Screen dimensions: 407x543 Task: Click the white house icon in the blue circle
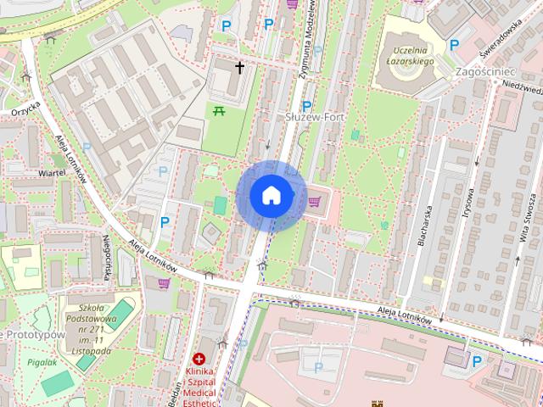[x=271, y=195]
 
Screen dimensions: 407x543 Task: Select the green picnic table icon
[x=219, y=110]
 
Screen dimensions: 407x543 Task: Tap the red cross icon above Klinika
[x=199, y=360]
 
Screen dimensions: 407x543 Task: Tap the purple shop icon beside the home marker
[x=314, y=202]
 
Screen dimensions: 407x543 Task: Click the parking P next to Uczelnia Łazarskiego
[x=455, y=45]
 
